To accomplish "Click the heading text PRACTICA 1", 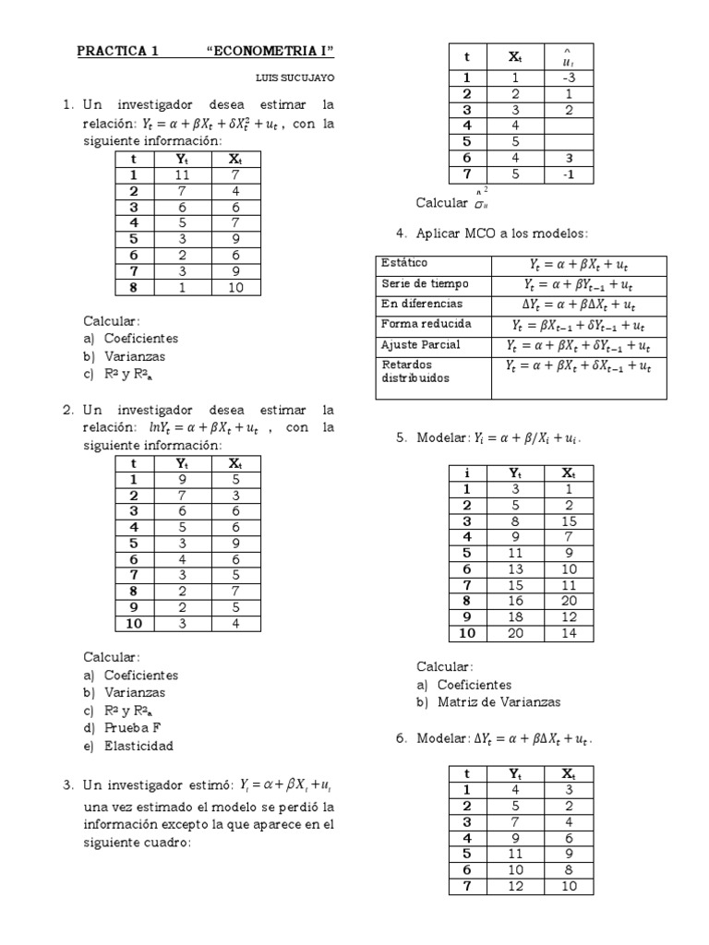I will (x=117, y=52).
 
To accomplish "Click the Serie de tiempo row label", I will (x=425, y=284).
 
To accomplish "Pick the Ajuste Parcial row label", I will (x=421, y=344).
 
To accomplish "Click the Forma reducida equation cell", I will (x=578, y=326).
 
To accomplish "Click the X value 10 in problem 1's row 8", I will (x=236, y=287).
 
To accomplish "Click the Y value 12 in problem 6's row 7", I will (x=515, y=886).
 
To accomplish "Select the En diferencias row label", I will (x=422, y=304).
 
